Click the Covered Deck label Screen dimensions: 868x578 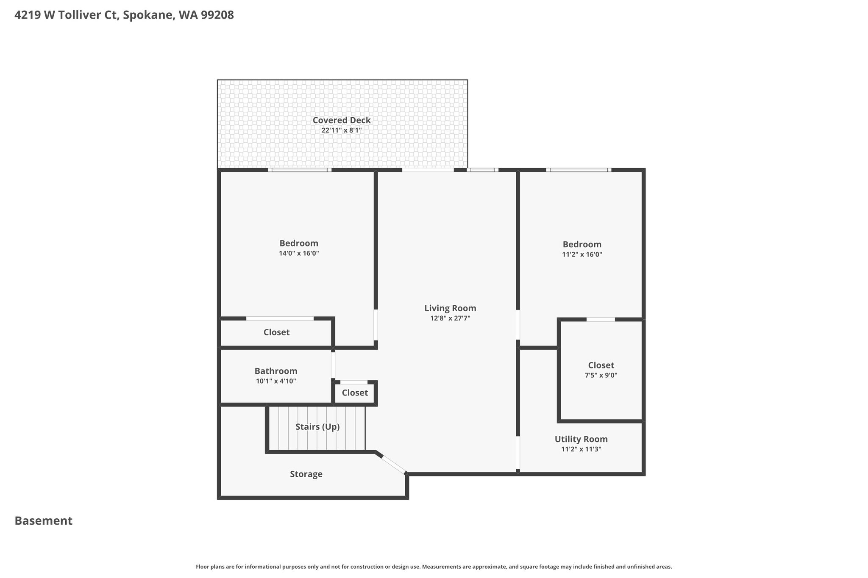[342, 120]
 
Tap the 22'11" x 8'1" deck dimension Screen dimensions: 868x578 [342, 130]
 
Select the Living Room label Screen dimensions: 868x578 [450, 308]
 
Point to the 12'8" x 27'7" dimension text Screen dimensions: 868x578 [450, 318]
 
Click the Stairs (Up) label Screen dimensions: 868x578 [317, 427]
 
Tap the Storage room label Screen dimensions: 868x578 [306, 474]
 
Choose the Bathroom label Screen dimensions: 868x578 [276, 371]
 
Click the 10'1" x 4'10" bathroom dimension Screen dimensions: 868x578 [276, 381]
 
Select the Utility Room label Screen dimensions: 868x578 [581, 439]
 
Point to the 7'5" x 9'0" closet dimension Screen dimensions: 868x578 [601, 375]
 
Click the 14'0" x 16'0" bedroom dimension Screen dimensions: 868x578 [299, 254]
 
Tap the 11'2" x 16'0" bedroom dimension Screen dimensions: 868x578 [582, 254]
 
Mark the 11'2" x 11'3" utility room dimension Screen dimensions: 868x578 [581, 449]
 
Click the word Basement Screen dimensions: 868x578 [44, 521]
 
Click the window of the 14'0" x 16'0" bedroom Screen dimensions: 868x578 [300, 170]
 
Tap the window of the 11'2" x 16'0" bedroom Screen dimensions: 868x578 [579, 170]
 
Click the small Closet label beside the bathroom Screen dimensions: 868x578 [355, 393]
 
